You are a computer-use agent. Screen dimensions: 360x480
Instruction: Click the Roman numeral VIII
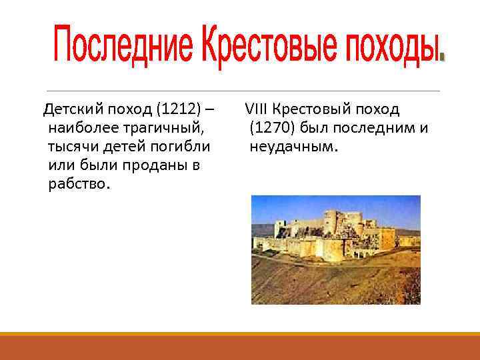257,109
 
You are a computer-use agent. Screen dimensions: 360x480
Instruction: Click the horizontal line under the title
240,91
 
